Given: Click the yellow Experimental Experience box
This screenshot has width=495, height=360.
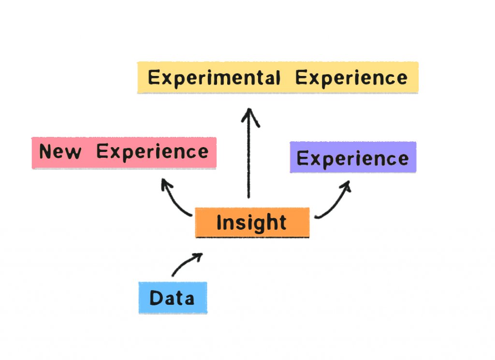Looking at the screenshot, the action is point(278,77).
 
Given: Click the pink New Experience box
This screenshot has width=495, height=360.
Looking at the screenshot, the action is point(124,152).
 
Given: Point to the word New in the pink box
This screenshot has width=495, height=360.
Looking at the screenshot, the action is point(60,151).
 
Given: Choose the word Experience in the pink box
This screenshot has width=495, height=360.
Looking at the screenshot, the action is point(152,152).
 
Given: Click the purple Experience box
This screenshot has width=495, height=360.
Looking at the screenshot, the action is point(353,157).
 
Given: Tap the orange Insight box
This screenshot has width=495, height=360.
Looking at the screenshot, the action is point(252,222).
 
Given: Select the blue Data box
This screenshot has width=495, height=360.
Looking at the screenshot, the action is point(173,298).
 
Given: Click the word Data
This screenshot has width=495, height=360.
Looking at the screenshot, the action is point(172,298).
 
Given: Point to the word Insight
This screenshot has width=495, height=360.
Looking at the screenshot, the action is point(251,223).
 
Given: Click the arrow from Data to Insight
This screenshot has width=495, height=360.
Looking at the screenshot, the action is point(185,262).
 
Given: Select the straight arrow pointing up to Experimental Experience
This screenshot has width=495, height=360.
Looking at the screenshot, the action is point(249,153).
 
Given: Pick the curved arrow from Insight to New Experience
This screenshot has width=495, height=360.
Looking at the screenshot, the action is point(173,199).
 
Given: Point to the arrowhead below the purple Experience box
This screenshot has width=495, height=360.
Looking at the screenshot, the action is point(346,185).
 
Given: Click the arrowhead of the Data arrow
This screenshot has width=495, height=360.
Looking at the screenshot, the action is point(198,256).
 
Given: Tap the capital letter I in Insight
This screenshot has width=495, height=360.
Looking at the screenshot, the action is point(219,223).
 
